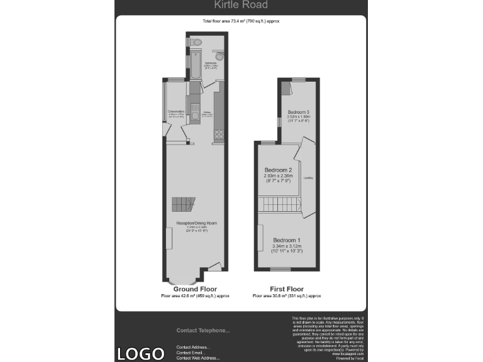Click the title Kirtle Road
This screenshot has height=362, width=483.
click(241, 5)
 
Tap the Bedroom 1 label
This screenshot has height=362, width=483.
click(286, 241)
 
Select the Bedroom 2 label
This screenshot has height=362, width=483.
click(278, 170)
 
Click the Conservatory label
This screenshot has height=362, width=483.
click(175, 111)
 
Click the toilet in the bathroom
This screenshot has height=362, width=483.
click(197, 42)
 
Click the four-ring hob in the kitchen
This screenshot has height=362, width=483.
click(219, 134)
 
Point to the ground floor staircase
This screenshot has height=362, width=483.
click(184, 204)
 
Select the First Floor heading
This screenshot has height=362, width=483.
click(287, 288)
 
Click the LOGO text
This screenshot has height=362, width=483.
click(140, 353)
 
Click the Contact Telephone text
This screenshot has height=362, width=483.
click(203, 331)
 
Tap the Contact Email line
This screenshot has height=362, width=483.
click(189, 353)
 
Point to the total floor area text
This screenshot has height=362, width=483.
click(241, 21)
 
